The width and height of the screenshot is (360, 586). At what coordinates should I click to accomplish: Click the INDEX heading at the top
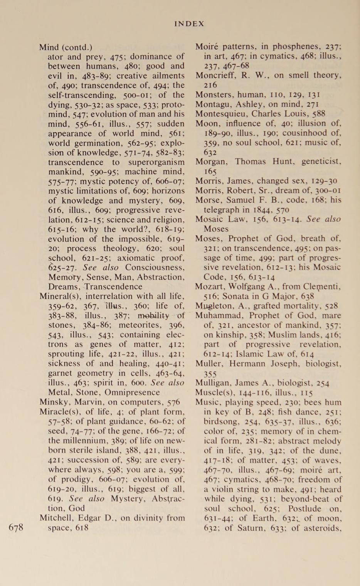(x=189, y=24)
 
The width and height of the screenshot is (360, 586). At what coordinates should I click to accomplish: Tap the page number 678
(x=16, y=527)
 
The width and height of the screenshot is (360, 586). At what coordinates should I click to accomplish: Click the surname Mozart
(x=209, y=286)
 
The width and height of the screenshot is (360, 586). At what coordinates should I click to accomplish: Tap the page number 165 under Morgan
(x=210, y=171)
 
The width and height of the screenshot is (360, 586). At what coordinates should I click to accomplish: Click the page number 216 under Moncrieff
(x=210, y=85)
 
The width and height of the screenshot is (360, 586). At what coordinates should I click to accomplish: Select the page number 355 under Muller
(x=210, y=373)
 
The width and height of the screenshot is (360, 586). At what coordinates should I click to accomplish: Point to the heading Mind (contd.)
(x=66, y=47)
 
